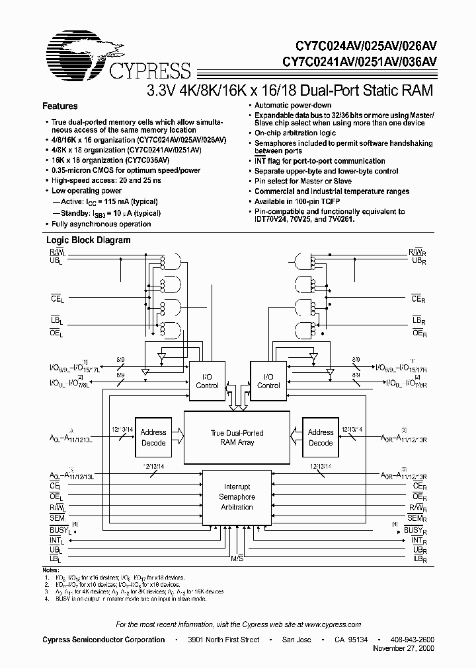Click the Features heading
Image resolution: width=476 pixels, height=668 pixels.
[60, 106]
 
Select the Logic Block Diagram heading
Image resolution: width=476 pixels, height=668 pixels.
[87, 241]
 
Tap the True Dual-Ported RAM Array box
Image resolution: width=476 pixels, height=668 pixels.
[237, 438]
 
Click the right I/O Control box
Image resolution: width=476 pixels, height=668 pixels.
[268, 382]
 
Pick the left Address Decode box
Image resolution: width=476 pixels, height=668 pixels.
[153, 438]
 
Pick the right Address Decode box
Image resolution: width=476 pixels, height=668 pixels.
[321, 438]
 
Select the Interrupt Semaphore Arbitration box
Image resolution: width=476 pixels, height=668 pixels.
[237, 497]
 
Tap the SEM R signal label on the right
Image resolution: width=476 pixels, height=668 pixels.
[416, 519]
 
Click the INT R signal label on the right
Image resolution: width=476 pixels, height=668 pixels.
[416, 540]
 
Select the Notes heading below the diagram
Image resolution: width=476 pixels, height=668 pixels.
[50, 569]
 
